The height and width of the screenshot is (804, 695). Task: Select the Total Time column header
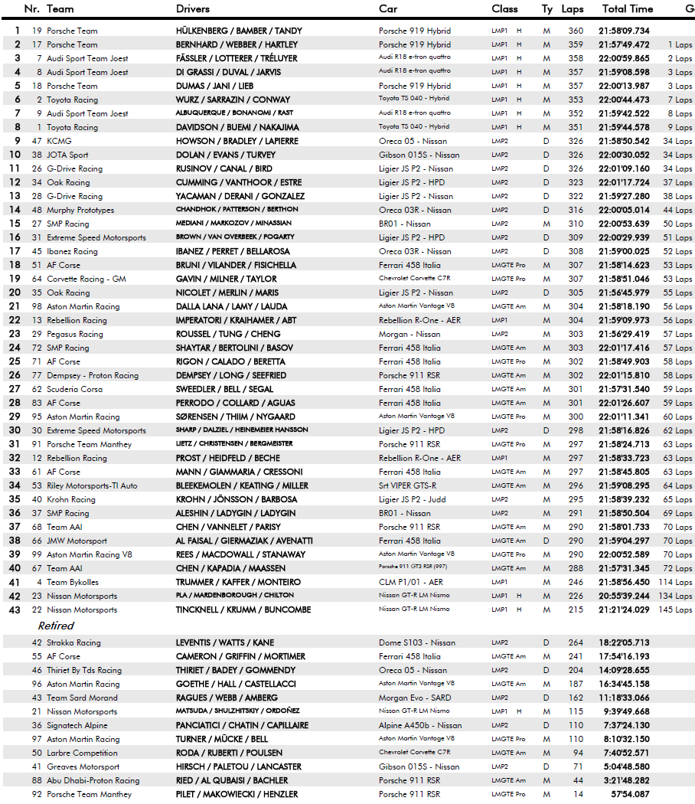pyautogui.click(x=628, y=9)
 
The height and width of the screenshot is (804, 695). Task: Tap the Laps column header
pyautogui.click(x=572, y=9)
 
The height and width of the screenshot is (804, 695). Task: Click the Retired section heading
pyautogui.click(x=56, y=626)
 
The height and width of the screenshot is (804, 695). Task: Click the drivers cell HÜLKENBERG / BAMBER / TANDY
pyautogui.click(x=239, y=31)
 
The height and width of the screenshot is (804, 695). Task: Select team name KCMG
pyautogui.click(x=60, y=141)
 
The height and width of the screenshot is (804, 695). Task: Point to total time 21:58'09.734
pyautogui.click(x=624, y=31)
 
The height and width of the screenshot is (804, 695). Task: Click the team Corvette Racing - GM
pyautogui.click(x=86, y=279)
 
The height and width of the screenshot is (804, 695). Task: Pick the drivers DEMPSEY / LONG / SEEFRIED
pyautogui.click(x=231, y=375)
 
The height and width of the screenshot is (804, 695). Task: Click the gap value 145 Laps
pyautogui.click(x=674, y=610)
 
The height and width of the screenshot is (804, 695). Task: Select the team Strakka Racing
pyautogui.click(x=73, y=642)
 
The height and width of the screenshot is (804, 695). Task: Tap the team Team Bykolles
pyautogui.click(x=73, y=582)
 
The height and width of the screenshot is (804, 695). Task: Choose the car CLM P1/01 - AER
pyautogui.click(x=411, y=582)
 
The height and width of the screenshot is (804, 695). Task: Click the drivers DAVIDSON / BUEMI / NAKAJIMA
pyautogui.click(x=237, y=127)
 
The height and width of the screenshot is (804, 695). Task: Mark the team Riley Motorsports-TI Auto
pyautogui.click(x=92, y=485)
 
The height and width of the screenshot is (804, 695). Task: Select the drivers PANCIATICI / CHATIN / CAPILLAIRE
pyautogui.click(x=243, y=725)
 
